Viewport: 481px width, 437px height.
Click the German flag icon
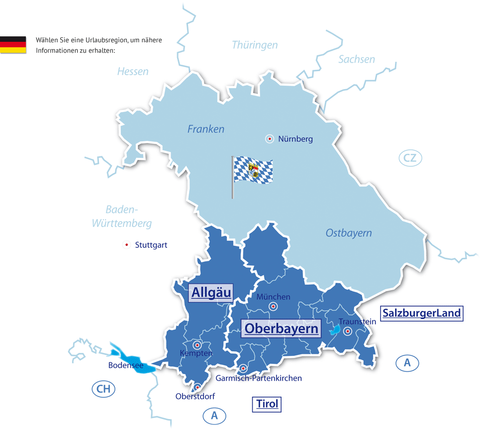tap(13, 45)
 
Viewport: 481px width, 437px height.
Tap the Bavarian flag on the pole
tap(253, 169)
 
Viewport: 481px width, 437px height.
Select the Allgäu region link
tap(211, 293)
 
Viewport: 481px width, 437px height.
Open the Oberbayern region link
tap(281, 329)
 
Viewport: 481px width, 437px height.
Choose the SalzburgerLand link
tap(421, 314)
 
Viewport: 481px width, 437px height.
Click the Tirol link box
tap(267, 404)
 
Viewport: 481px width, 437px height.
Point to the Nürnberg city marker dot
tap(270, 139)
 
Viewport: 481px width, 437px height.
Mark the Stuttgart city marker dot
tap(126, 245)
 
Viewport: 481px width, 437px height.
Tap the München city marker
tap(273, 307)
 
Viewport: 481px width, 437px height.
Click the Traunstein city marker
tap(348, 331)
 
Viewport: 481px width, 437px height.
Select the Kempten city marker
tap(197, 344)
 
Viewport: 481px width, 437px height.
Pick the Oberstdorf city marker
tap(197, 387)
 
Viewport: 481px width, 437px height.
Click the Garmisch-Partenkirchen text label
tap(258, 378)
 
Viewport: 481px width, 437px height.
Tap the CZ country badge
tap(410, 158)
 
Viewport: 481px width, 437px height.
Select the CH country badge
tap(103, 389)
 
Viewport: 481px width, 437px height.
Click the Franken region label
tap(205, 129)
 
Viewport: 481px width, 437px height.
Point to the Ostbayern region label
tap(348, 233)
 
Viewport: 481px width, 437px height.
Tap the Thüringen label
tap(255, 45)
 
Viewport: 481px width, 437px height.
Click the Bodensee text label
tap(126, 366)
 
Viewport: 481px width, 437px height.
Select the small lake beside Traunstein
tap(336, 329)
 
